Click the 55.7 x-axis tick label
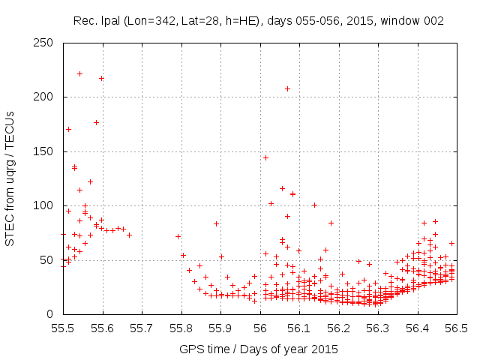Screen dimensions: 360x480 tap(142, 328)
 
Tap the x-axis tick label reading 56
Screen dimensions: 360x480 tap(260, 328)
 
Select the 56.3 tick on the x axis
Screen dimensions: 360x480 tap(378, 328)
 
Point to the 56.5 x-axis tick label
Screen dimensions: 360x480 tap(456, 328)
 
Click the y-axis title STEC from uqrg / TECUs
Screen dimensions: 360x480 tap(10, 178)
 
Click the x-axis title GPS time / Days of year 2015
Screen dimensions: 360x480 tap(259, 349)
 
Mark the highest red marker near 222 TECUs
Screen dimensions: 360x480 tap(79, 73)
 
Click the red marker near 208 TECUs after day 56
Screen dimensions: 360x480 tap(287, 88)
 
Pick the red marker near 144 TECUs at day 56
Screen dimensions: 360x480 tap(265, 157)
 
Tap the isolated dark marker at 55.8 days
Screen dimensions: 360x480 tap(178, 236)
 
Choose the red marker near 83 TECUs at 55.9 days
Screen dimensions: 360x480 tap(216, 223)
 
